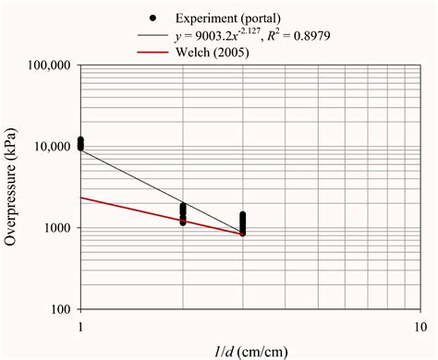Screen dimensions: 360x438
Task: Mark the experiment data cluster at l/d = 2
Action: pyautogui.click(x=183, y=214)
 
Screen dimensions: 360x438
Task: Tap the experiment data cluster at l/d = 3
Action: pyautogui.click(x=243, y=224)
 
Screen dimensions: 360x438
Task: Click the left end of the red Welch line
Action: pyautogui.click(x=82, y=198)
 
